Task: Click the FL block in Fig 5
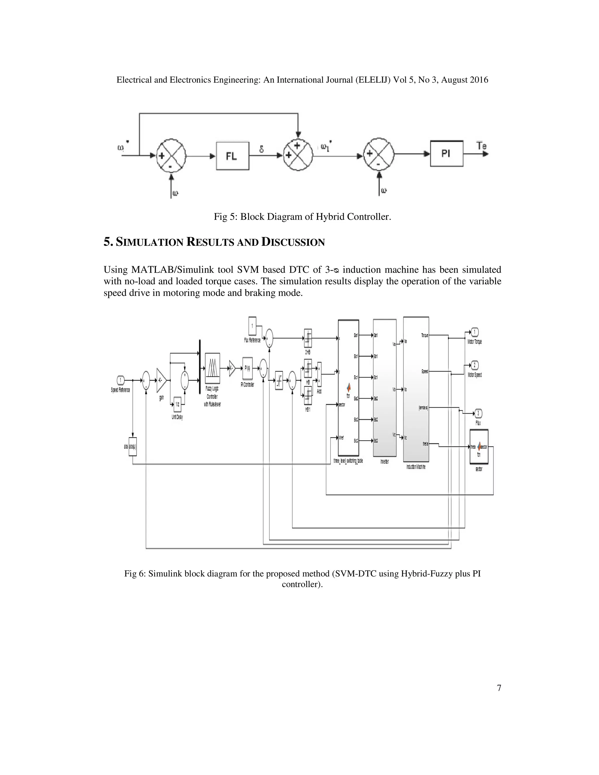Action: point(233,156)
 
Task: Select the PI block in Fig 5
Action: point(446,154)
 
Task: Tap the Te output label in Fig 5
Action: point(481,146)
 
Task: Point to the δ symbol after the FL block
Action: point(261,149)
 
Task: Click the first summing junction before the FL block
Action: point(171,155)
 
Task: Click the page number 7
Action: point(499,688)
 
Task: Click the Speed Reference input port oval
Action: point(120,380)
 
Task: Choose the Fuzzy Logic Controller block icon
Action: point(212,368)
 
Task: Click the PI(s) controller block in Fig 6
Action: point(247,368)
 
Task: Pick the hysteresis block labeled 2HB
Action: point(308,338)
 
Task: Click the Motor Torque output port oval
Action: point(474,333)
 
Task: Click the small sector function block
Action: point(479,447)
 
